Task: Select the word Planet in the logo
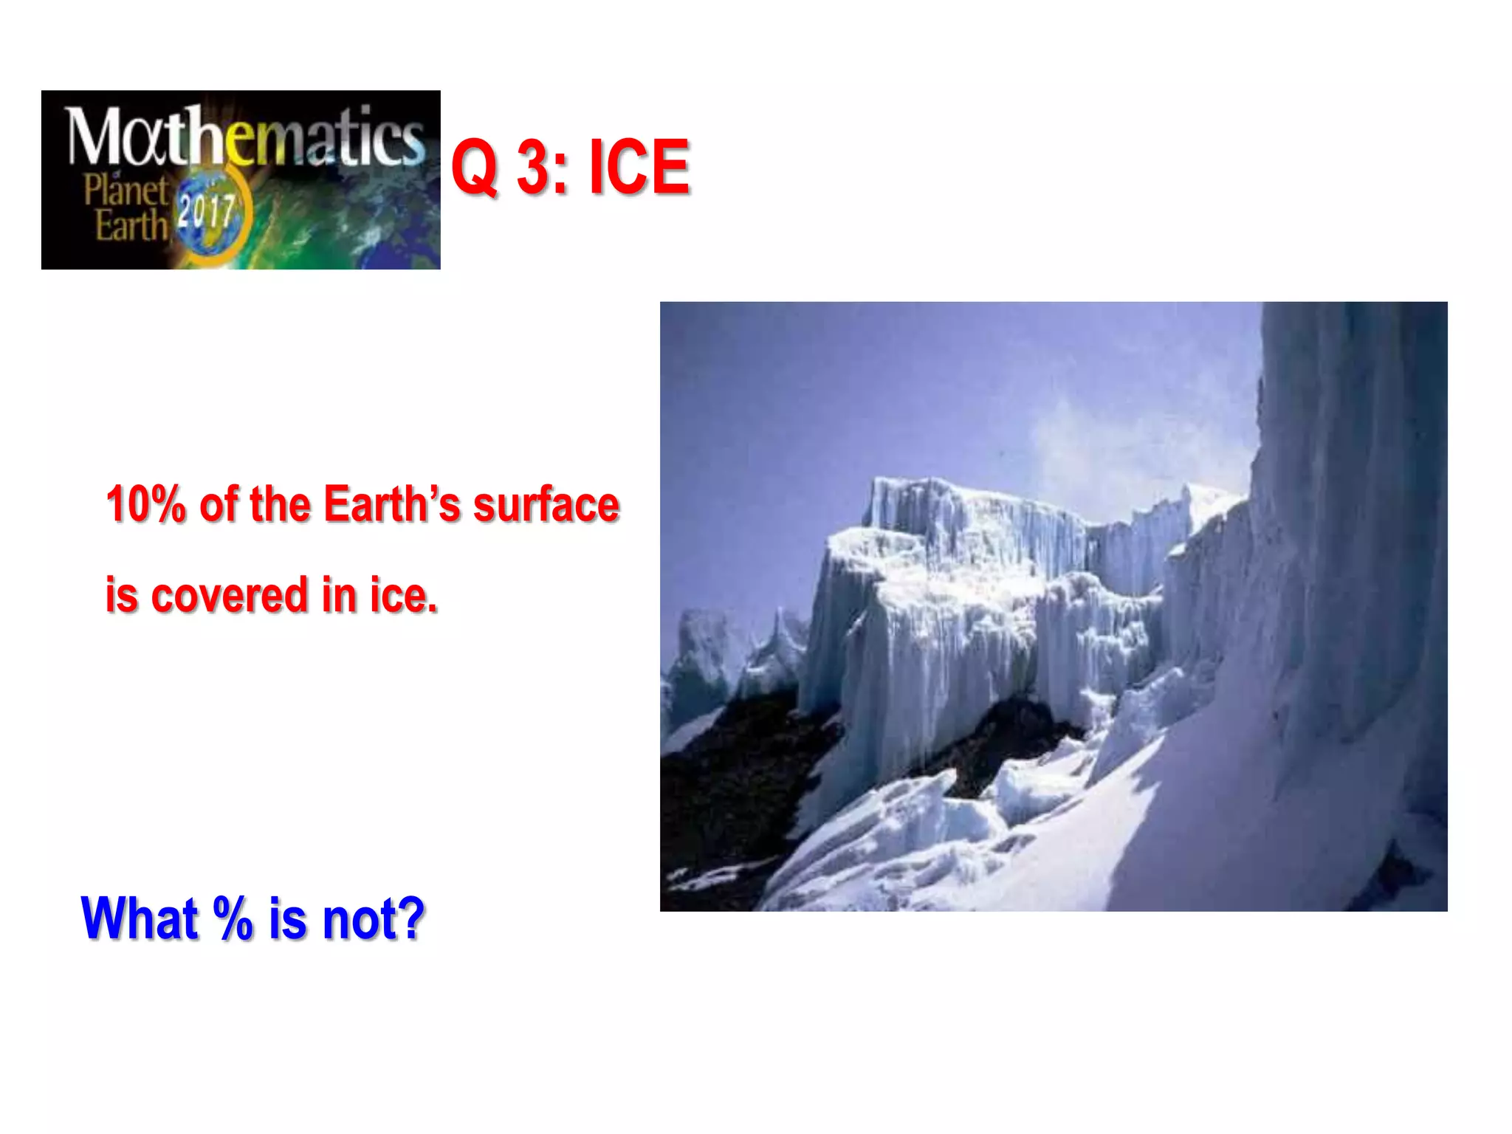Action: coord(126,190)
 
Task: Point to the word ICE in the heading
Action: coord(639,168)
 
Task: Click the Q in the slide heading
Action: coord(475,168)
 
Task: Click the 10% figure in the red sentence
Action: coord(145,505)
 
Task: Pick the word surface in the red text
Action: coord(546,505)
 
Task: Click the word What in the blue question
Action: coord(140,918)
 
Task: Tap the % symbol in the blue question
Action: coord(233,918)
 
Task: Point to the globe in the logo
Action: coord(211,219)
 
